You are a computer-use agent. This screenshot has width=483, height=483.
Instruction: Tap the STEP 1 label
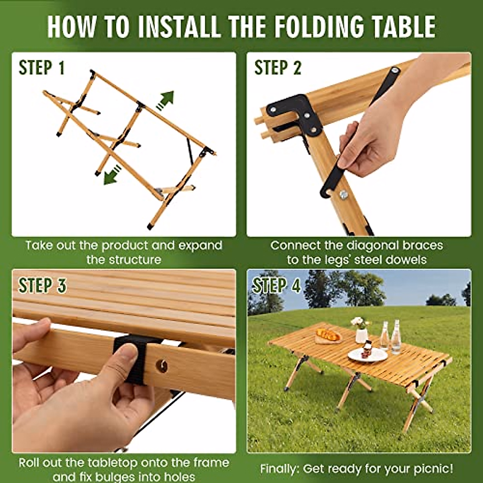point(42,68)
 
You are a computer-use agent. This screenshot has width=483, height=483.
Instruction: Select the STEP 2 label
point(278,68)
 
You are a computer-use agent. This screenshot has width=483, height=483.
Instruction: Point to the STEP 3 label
point(42,285)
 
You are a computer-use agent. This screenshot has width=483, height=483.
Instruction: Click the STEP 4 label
point(277,285)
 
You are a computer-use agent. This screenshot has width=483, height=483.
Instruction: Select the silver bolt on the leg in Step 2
point(344,194)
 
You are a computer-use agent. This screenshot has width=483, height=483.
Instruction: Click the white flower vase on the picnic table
point(361,335)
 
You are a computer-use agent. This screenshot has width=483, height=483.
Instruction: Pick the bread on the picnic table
point(328,334)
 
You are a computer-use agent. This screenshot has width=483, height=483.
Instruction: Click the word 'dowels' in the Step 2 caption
point(407,260)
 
